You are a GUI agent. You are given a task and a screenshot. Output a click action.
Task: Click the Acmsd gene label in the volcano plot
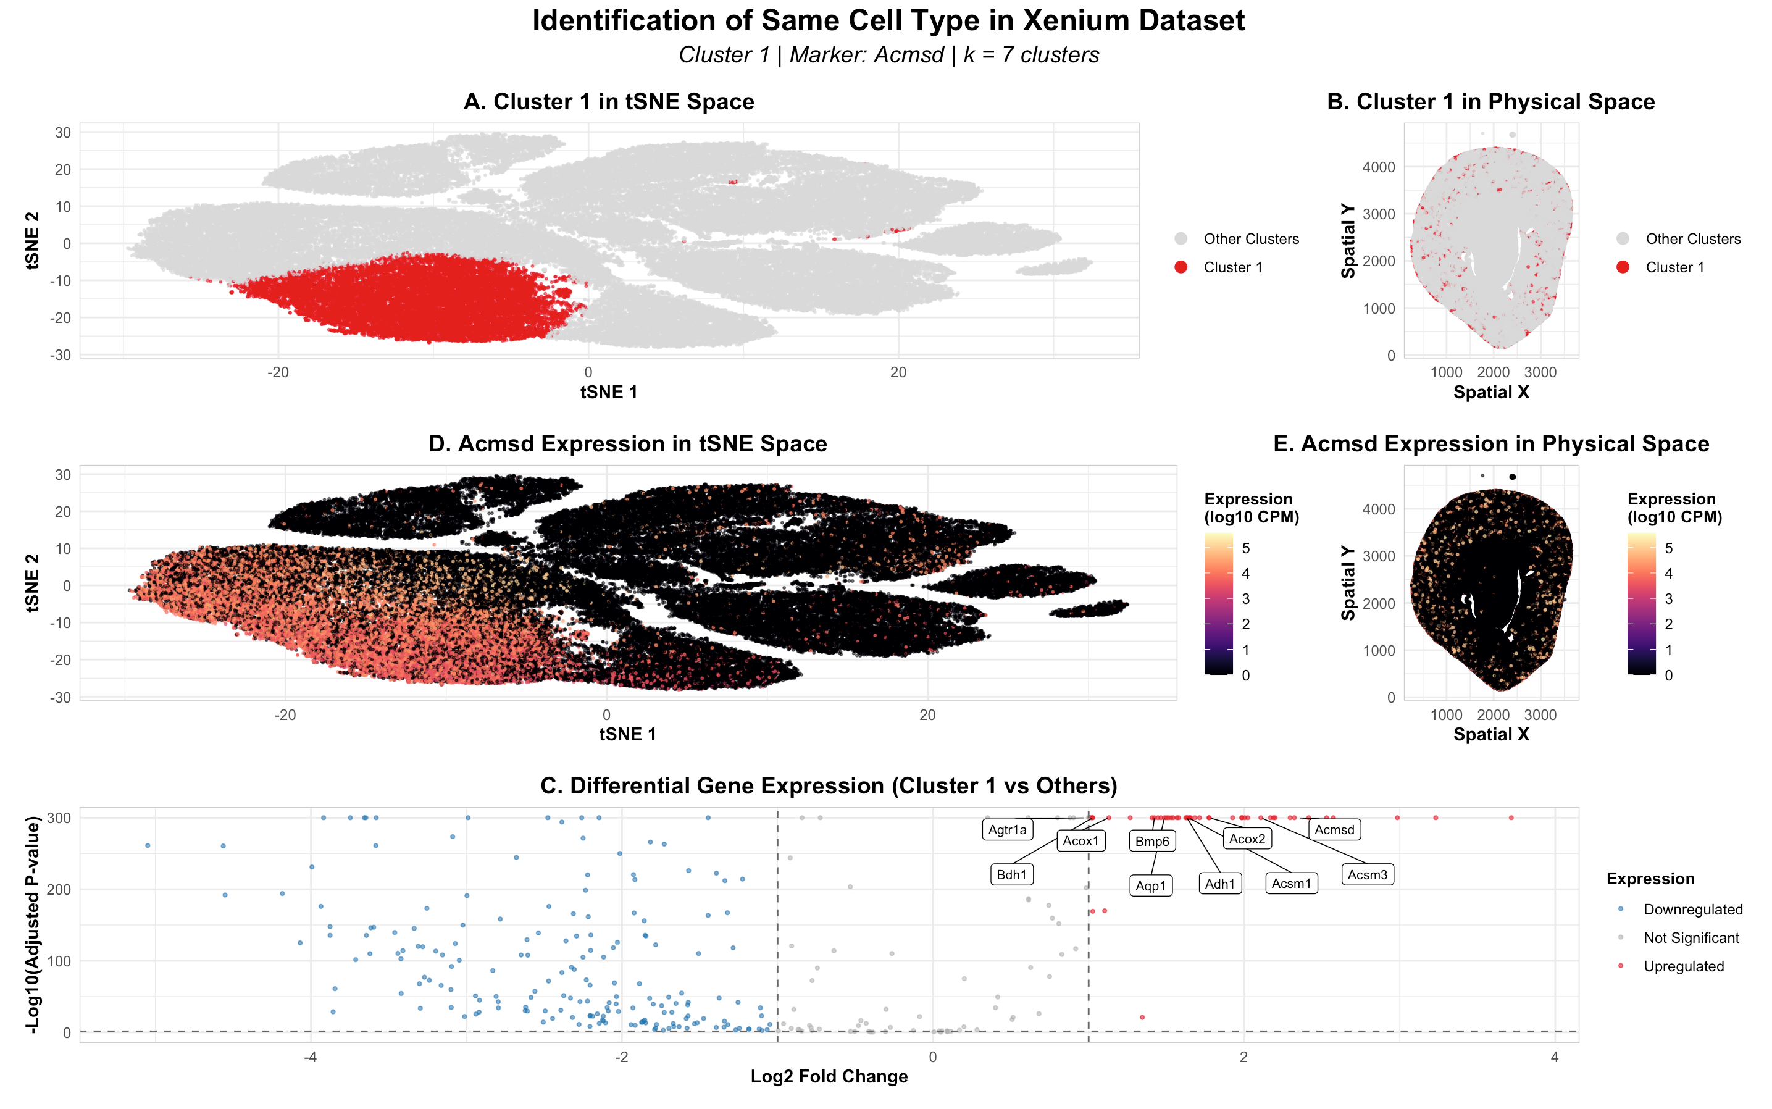[x=1334, y=829]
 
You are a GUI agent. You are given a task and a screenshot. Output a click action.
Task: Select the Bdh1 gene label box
[x=1011, y=874]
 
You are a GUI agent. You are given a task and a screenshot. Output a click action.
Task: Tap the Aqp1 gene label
[x=1150, y=886]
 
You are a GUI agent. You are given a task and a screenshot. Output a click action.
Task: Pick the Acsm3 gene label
[x=1367, y=874]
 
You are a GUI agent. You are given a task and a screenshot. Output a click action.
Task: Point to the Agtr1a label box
[x=1007, y=829]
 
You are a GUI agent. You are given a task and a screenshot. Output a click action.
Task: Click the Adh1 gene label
[x=1220, y=884]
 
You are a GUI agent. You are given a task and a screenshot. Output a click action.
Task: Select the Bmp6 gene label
[x=1151, y=841]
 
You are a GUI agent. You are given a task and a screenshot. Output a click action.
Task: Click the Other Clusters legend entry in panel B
[x=1692, y=238]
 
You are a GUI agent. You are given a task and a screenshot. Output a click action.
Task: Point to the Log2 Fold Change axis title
[x=829, y=1076]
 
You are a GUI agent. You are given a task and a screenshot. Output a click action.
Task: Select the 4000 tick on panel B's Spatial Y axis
[x=1378, y=167]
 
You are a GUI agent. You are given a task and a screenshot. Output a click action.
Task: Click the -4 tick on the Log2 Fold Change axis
[x=310, y=1057]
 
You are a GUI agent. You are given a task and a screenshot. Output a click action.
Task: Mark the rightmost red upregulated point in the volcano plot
[x=1511, y=818]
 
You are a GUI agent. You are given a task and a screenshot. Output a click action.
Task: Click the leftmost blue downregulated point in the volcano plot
[x=148, y=846]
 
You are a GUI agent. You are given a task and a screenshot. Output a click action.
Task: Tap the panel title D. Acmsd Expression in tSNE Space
[x=627, y=444]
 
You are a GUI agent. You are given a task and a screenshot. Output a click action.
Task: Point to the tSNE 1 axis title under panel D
[x=627, y=734]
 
